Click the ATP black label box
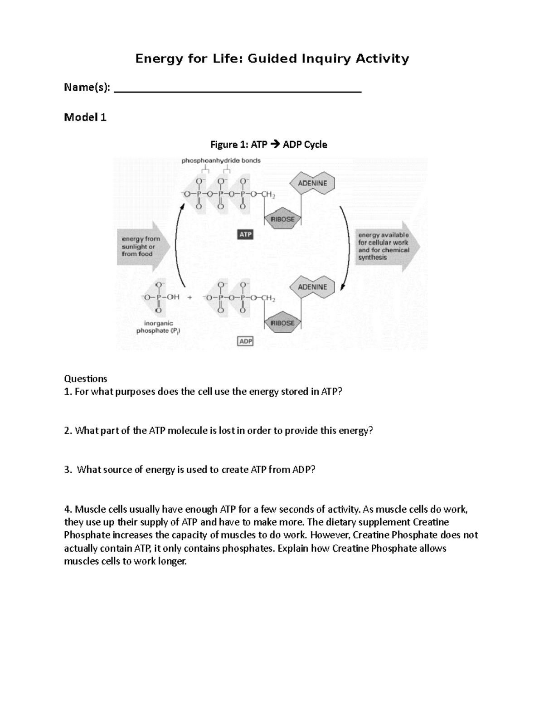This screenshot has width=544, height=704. pos(245,234)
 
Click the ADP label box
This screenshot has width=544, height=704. pos(245,341)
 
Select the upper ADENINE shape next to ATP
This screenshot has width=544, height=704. pos(312,183)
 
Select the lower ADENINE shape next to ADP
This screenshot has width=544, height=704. pos(312,287)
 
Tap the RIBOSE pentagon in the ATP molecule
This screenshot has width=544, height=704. pos(282,219)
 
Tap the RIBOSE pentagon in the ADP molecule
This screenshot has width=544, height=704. pos(282,323)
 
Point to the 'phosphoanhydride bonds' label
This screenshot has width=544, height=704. pos(221,160)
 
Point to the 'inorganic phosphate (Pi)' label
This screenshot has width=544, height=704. pos(158,327)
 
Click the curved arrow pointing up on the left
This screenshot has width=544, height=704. pos(177,245)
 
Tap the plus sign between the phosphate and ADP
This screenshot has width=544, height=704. pos(189,297)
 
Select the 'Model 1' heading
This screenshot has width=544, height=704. pos(85,117)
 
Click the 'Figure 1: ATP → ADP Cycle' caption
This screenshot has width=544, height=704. pos(268,145)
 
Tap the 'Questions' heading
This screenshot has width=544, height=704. pos(85,379)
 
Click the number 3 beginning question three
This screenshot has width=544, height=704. pos(67,470)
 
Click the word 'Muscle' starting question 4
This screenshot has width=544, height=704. pos(89,509)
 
